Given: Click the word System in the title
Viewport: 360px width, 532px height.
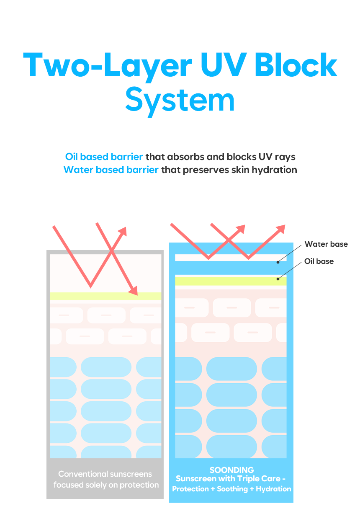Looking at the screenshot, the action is (180, 101).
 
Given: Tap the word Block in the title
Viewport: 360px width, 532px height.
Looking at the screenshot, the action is (296, 65).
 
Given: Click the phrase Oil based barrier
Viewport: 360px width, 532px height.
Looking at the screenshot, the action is (104, 157).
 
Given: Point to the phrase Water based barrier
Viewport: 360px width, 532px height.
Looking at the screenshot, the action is (111, 170).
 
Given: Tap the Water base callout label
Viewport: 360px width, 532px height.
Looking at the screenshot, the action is (326, 244).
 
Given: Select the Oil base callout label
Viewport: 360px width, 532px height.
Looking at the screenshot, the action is (319, 261).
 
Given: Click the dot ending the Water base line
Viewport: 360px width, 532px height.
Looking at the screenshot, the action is (278, 262).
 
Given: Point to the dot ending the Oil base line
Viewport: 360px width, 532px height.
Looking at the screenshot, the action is (278, 279).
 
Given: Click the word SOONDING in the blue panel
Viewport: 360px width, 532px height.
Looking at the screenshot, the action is (231, 470).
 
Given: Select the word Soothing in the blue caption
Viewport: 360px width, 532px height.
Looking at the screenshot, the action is (232, 489).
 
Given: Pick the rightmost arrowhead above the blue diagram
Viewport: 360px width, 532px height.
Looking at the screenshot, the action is (280, 229).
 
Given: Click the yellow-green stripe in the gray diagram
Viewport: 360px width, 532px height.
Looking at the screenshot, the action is (105, 296).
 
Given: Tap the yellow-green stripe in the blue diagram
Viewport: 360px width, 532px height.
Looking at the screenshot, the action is (231, 281).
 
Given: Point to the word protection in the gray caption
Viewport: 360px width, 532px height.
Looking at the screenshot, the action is (139, 485).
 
